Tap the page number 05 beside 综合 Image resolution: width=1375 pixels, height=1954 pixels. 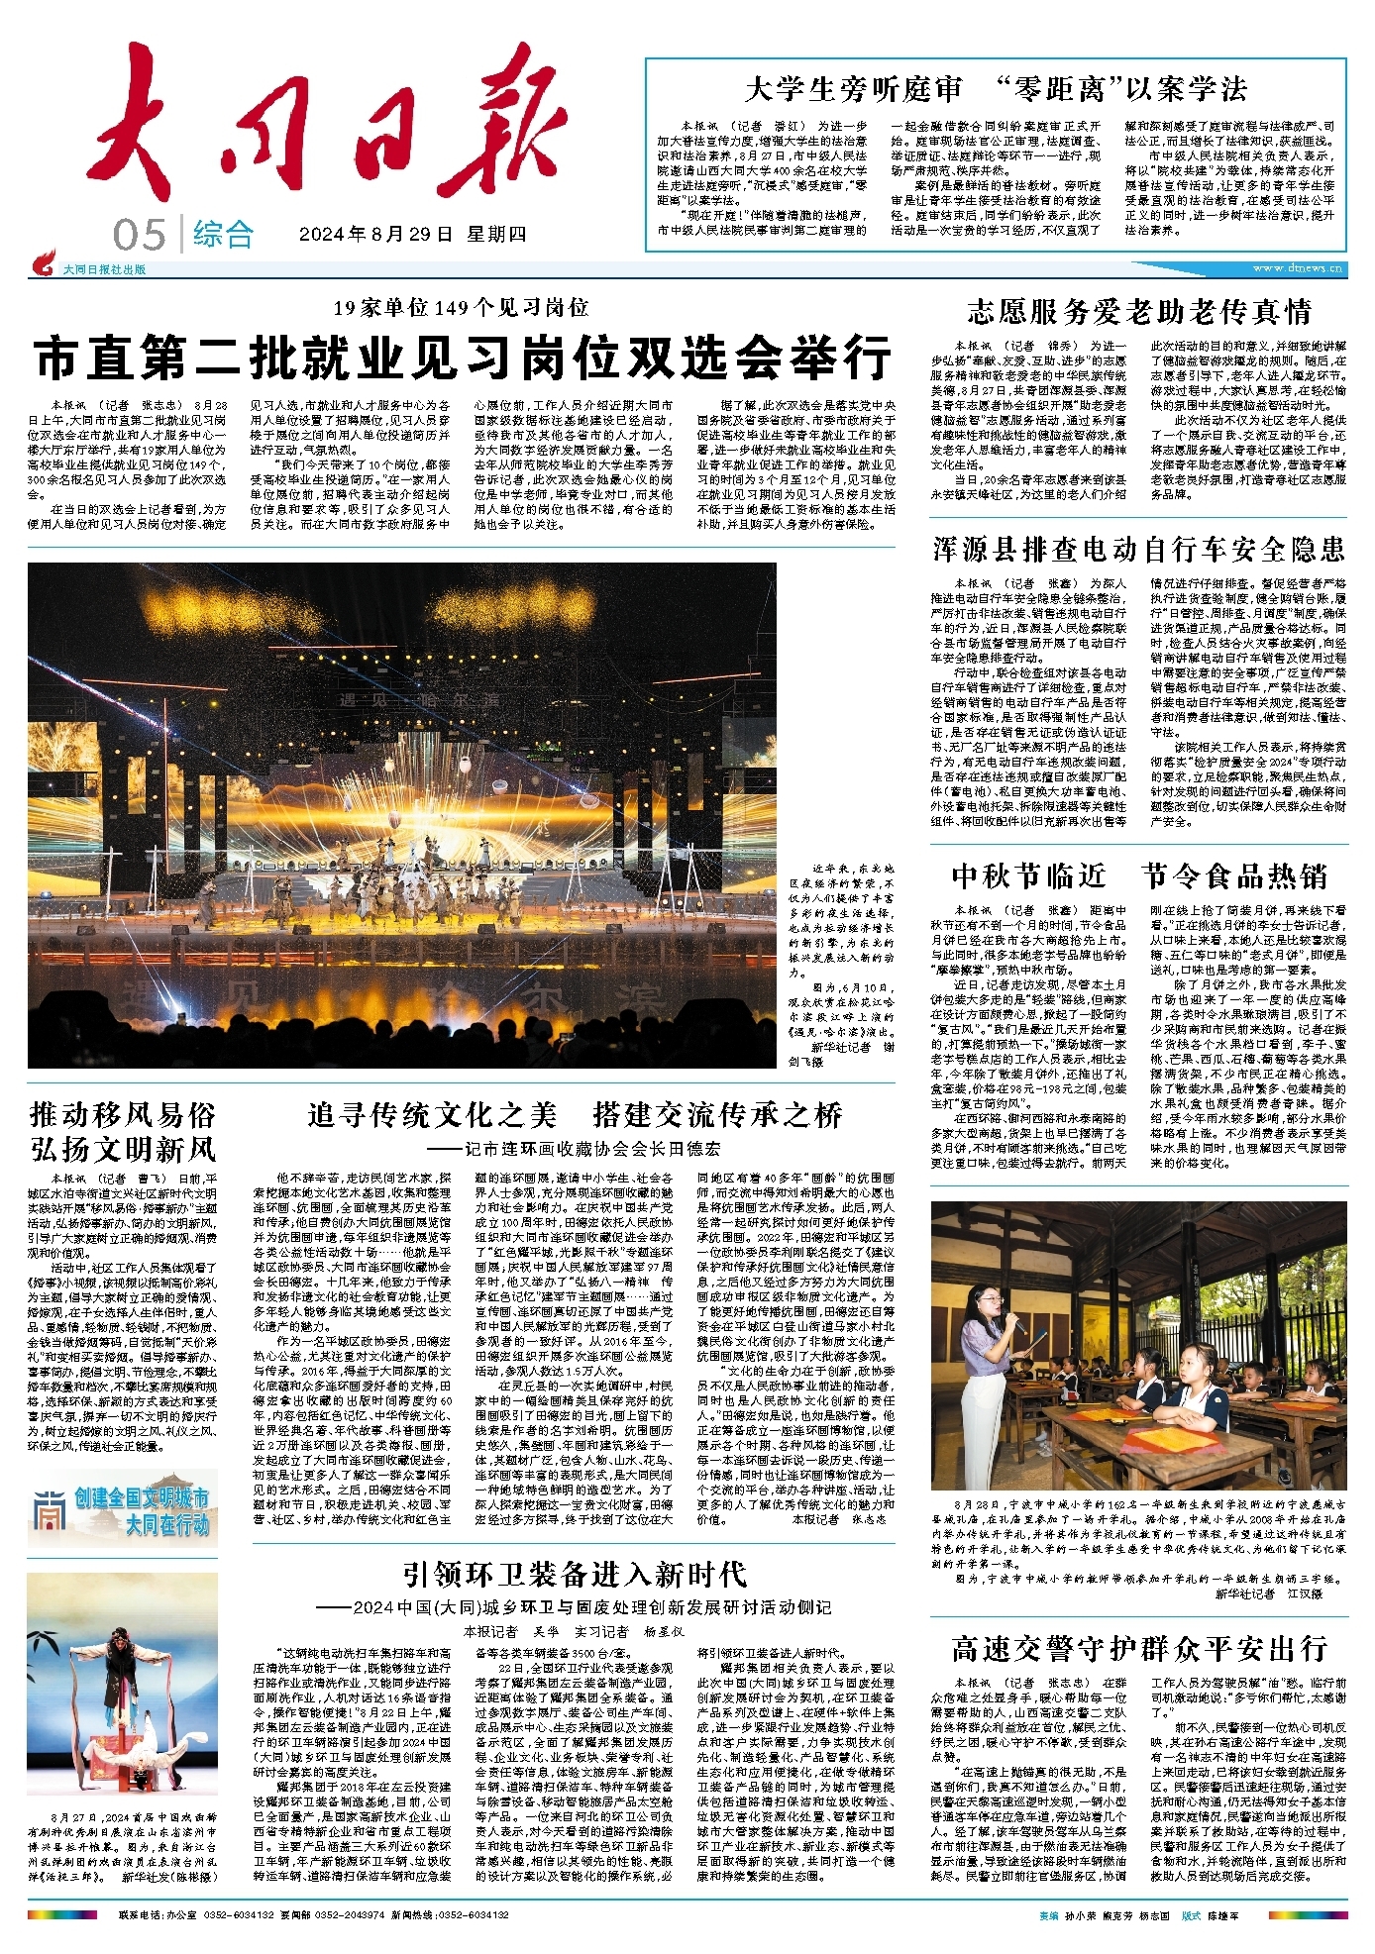click(140, 236)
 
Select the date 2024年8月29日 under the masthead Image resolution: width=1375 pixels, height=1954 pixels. click(376, 235)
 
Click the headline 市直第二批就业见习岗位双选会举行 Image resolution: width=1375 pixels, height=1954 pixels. click(463, 358)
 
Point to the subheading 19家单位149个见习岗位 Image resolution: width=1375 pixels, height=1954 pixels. click(461, 307)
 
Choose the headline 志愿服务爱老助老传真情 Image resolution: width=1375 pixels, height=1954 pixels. click(1139, 312)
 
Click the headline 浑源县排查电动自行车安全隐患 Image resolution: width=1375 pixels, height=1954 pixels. click(1139, 549)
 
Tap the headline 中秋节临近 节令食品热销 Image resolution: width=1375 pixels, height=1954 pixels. click(1139, 875)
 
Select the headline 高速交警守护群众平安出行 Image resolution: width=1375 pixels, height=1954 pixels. click(1139, 1648)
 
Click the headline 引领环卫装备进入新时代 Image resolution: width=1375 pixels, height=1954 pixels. click(575, 1574)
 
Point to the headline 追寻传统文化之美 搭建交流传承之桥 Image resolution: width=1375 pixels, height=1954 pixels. click(575, 1115)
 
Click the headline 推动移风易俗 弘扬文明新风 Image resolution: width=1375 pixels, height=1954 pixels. click(123, 1132)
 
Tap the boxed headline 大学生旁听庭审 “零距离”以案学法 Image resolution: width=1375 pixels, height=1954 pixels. click(996, 89)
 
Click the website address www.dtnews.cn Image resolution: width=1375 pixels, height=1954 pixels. click(1297, 268)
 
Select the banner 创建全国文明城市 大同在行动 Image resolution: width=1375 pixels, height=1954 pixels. click(123, 1511)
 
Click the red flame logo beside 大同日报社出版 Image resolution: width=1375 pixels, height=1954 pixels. click(44, 265)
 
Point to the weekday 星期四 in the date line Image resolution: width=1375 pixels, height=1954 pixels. click(497, 235)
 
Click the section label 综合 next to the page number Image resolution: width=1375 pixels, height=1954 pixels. click(223, 236)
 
